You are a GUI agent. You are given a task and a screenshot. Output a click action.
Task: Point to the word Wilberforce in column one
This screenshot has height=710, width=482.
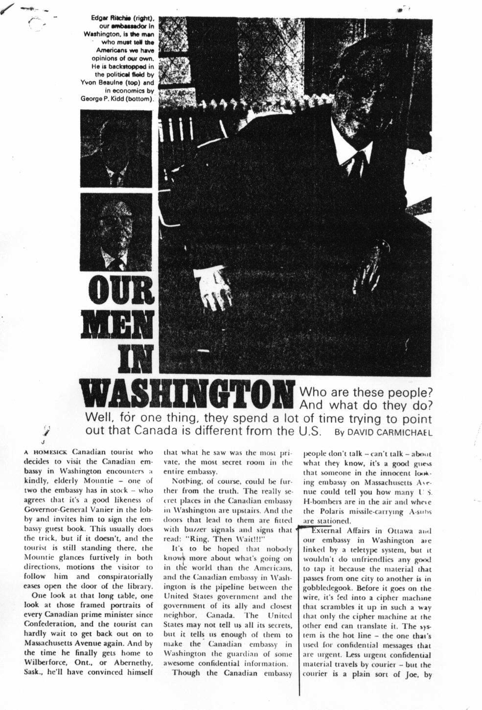46,663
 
